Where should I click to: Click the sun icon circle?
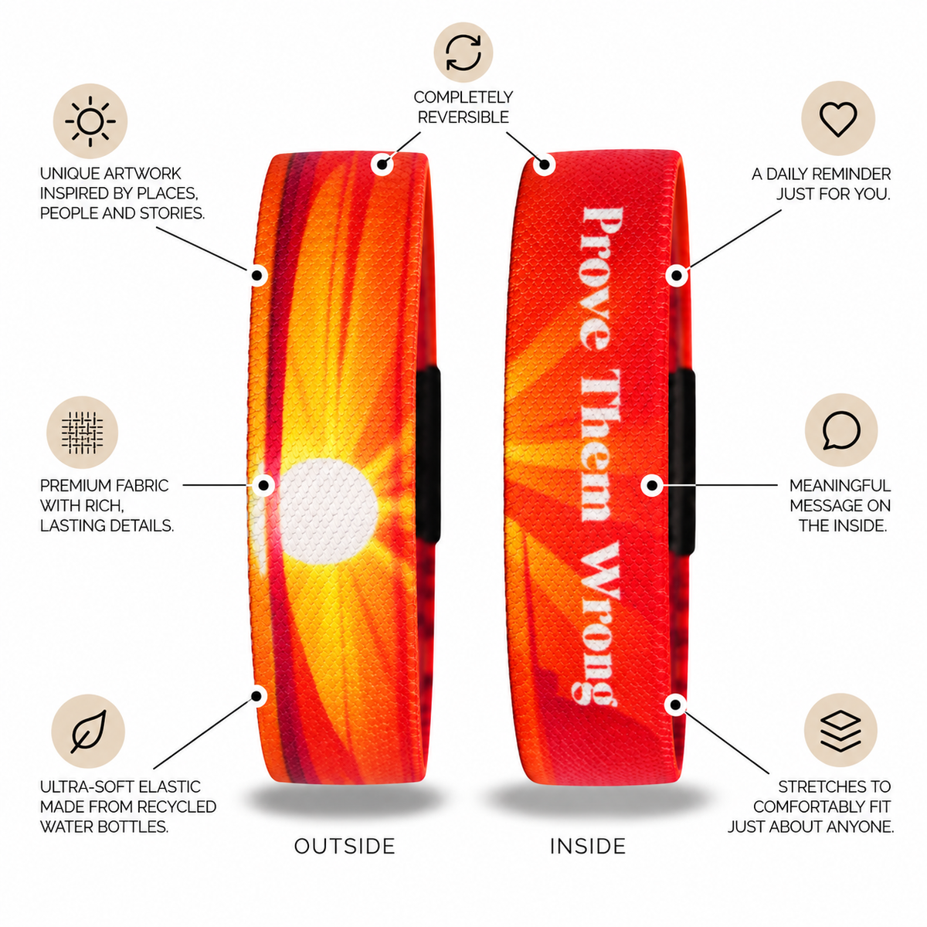tap(90, 121)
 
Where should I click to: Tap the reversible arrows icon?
tap(463, 53)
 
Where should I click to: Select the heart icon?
tap(838, 118)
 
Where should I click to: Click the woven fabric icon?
tap(82, 432)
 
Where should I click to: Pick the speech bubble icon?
tap(841, 430)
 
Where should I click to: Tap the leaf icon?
tap(88, 732)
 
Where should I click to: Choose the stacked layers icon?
tap(840, 730)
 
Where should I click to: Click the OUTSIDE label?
tap(345, 846)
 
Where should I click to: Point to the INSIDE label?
tap(587, 846)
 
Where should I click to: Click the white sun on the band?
tap(328, 511)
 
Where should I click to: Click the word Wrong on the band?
tap(596, 623)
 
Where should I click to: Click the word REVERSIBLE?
tap(463, 117)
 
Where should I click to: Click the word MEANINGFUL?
tap(840, 485)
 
